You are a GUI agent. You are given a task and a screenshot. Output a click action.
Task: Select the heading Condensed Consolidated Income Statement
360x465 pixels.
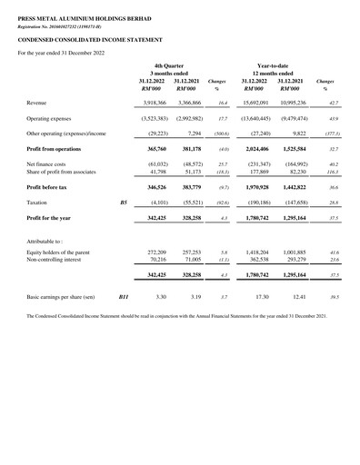click(76, 42)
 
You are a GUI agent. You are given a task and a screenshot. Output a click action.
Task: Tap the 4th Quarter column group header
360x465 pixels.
click(170, 66)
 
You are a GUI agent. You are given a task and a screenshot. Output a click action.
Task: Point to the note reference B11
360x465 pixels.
click(125, 297)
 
